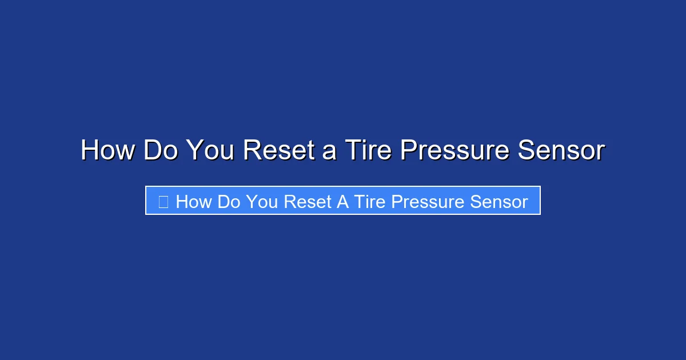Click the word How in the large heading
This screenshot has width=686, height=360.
(x=107, y=151)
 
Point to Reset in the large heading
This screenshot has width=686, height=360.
(x=279, y=151)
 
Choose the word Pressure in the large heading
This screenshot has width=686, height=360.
(x=454, y=151)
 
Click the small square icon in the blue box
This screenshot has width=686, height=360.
(x=163, y=202)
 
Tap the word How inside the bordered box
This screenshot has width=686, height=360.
(x=194, y=202)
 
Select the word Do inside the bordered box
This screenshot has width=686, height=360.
(x=229, y=202)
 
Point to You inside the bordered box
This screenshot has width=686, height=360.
(x=262, y=202)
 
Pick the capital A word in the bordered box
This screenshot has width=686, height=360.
(x=342, y=202)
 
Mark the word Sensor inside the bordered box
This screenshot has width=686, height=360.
(x=498, y=202)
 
